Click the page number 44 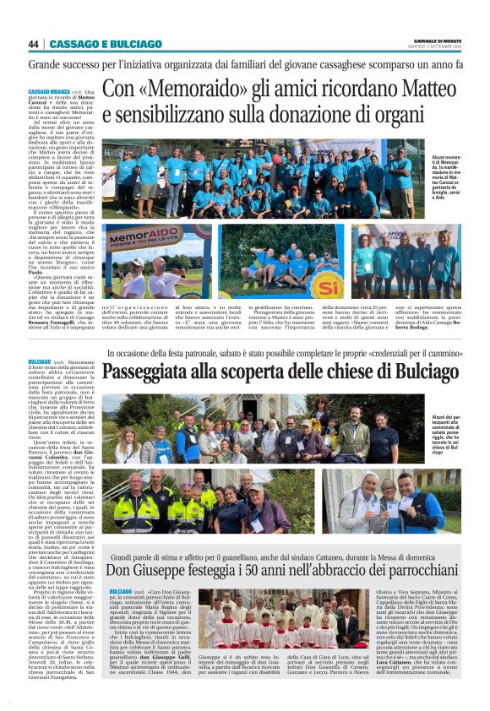point(34,44)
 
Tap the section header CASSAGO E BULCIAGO point(105,44)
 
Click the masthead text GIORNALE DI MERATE point(438,41)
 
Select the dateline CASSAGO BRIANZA point(49,91)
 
